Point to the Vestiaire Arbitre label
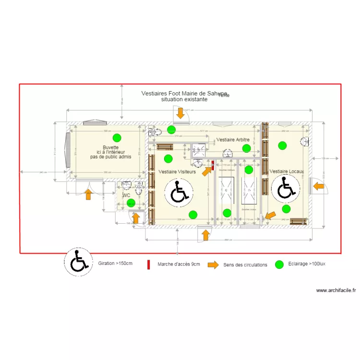[233, 140]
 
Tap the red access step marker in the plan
[212, 165]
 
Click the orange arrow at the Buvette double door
[88, 194]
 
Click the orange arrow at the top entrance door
[180, 113]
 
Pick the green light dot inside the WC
[131, 204]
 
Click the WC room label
[126, 195]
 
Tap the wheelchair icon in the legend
[79, 263]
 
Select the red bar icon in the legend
[148, 264]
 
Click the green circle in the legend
[279, 264]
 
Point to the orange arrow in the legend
[213, 264]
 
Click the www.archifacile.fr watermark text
[336, 290]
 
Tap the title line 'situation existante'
[184, 100]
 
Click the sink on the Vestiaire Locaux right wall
[304, 141]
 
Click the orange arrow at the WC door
[136, 218]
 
